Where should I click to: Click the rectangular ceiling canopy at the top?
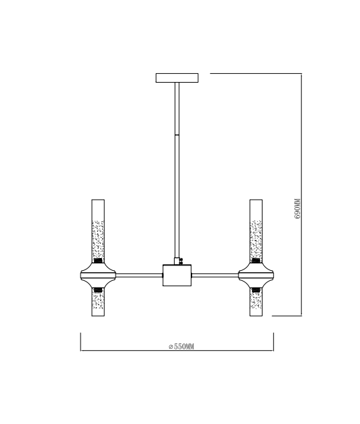[x=177, y=78]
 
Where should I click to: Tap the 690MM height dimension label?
[x=297, y=208]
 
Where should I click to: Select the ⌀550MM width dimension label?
[x=181, y=347]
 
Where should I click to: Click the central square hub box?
[x=177, y=275]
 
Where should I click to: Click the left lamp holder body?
[x=98, y=275]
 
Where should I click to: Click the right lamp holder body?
[x=256, y=275]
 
